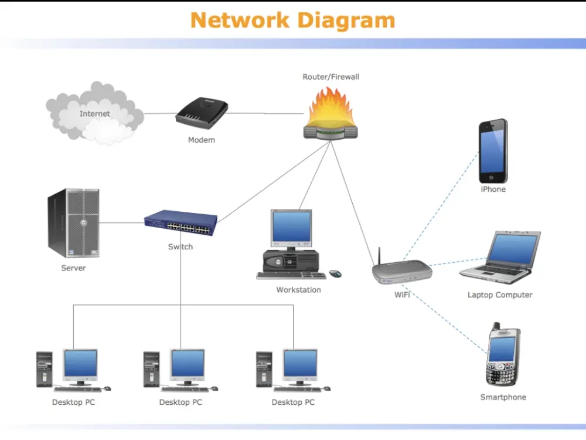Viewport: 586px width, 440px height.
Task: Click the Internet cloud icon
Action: point(94,113)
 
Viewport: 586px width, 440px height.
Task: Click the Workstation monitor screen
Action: point(291,228)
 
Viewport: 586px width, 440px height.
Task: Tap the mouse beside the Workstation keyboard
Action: point(335,273)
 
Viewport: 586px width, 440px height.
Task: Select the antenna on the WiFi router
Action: point(379,256)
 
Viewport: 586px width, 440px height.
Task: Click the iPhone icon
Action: point(493,151)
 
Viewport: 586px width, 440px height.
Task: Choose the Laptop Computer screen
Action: point(513,249)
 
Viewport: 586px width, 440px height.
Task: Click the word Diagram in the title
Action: point(346,21)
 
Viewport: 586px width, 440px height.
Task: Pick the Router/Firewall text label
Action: point(331,77)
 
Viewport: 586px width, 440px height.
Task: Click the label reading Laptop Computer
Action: point(500,295)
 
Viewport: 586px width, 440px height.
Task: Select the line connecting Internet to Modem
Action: point(160,113)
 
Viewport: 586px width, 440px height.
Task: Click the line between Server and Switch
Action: point(122,222)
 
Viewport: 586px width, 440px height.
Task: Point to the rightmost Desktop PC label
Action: point(293,402)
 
